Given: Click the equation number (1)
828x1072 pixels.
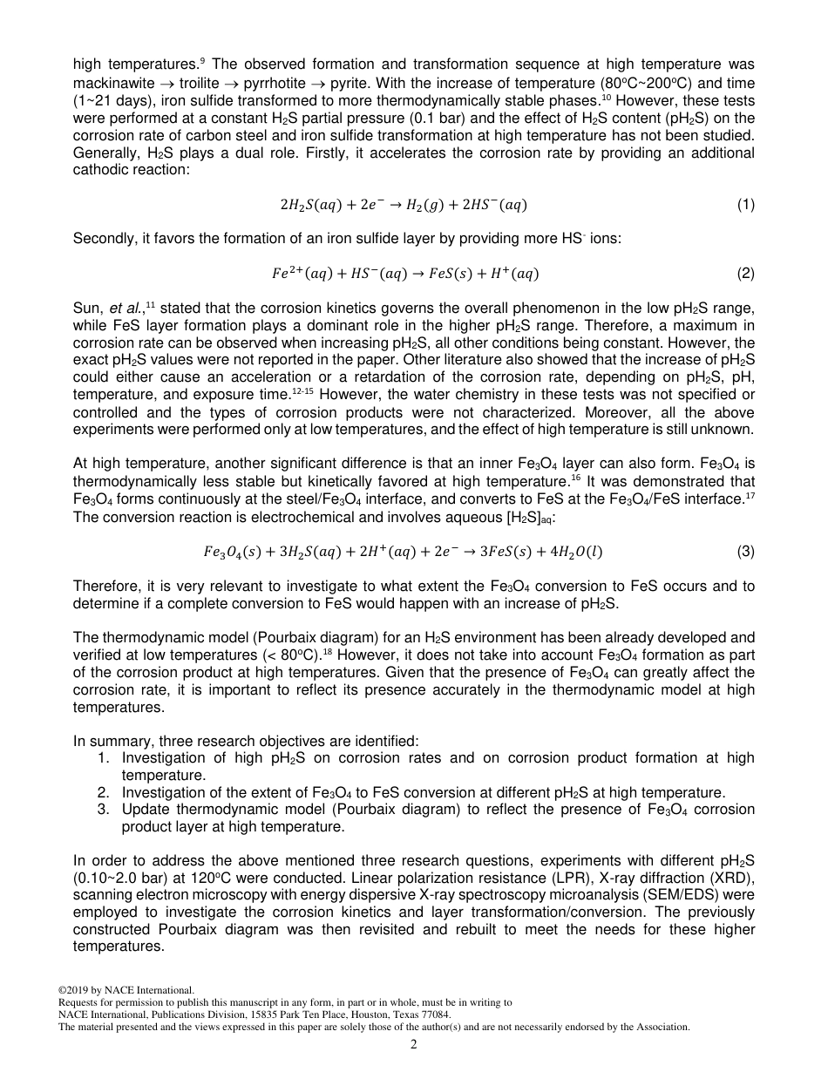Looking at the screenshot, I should coord(745,205).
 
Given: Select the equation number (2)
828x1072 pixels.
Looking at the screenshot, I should coord(745,274).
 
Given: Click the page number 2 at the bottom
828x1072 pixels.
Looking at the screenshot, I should coord(414,1044).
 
